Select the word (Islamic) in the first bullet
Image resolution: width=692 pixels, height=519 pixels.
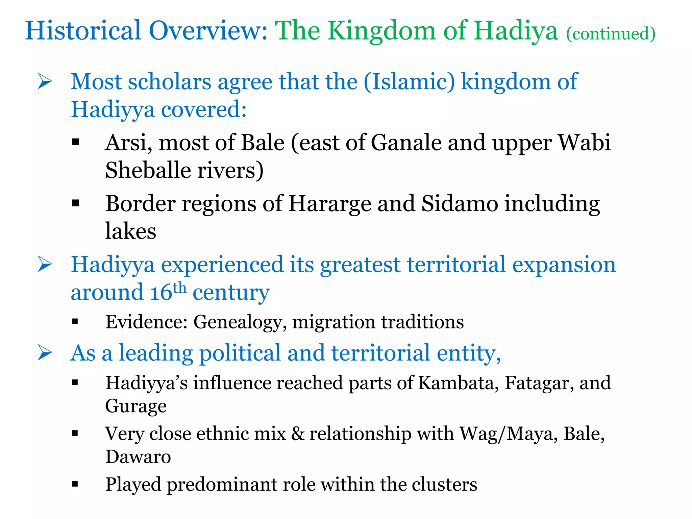(409, 82)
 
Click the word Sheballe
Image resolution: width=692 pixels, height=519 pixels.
(148, 170)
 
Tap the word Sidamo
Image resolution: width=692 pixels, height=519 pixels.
(460, 204)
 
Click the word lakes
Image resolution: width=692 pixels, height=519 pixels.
(130, 231)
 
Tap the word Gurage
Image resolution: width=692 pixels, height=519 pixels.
(136, 406)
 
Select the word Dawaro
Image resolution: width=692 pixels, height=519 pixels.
(138, 457)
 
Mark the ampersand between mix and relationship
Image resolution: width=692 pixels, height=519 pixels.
(297, 434)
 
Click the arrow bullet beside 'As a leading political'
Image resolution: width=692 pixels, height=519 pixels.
(45, 353)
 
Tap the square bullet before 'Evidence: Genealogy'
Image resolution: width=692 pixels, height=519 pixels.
(75, 321)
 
